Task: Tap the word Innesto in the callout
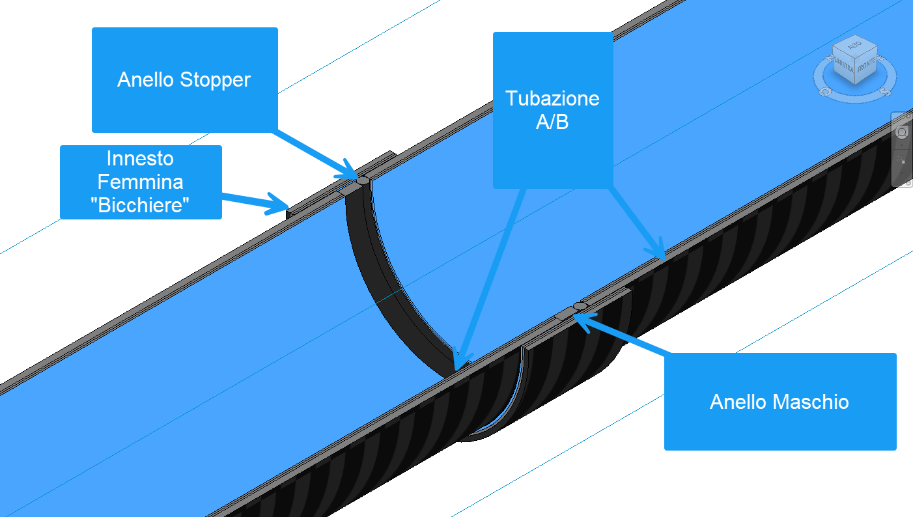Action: tap(140, 158)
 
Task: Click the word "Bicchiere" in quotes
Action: tap(140, 206)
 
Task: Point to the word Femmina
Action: tap(140, 182)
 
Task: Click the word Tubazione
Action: tap(552, 99)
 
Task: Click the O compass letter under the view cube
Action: tap(825, 92)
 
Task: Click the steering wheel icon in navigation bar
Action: tap(902, 132)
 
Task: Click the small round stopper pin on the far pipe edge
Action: tap(363, 180)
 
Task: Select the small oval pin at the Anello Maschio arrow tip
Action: tap(580, 305)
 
